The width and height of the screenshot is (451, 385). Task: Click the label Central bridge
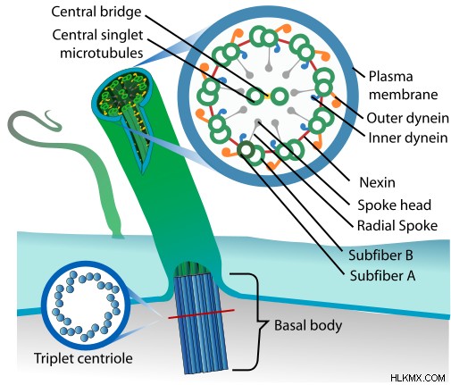tap(96, 12)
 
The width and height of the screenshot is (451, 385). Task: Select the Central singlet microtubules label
tap(98, 44)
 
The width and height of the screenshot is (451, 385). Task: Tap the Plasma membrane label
tap(403, 86)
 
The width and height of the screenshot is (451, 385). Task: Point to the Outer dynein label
tap(407, 118)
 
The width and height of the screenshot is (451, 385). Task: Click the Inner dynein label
tap(408, 138)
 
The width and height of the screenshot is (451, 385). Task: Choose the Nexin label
tap(377, 182)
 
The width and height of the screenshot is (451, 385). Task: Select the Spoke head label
tap(394, 205)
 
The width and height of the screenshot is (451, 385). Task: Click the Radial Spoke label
tap(397, 225)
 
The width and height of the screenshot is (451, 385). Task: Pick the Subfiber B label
tap(380, 255)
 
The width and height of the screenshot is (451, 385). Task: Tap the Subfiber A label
tap(382, 275)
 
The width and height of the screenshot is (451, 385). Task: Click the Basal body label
tap(308, 325)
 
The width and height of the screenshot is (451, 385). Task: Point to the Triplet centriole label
tap(83, 358)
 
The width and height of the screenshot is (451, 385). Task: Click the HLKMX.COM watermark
tap(418, 378)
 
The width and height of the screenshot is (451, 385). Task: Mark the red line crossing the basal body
tap(201, 314)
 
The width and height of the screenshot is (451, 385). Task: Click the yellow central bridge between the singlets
tap(267, 96)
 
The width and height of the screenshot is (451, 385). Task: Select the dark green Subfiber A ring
tap(246, 150)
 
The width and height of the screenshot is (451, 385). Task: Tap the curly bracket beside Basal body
tap(258, 322)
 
